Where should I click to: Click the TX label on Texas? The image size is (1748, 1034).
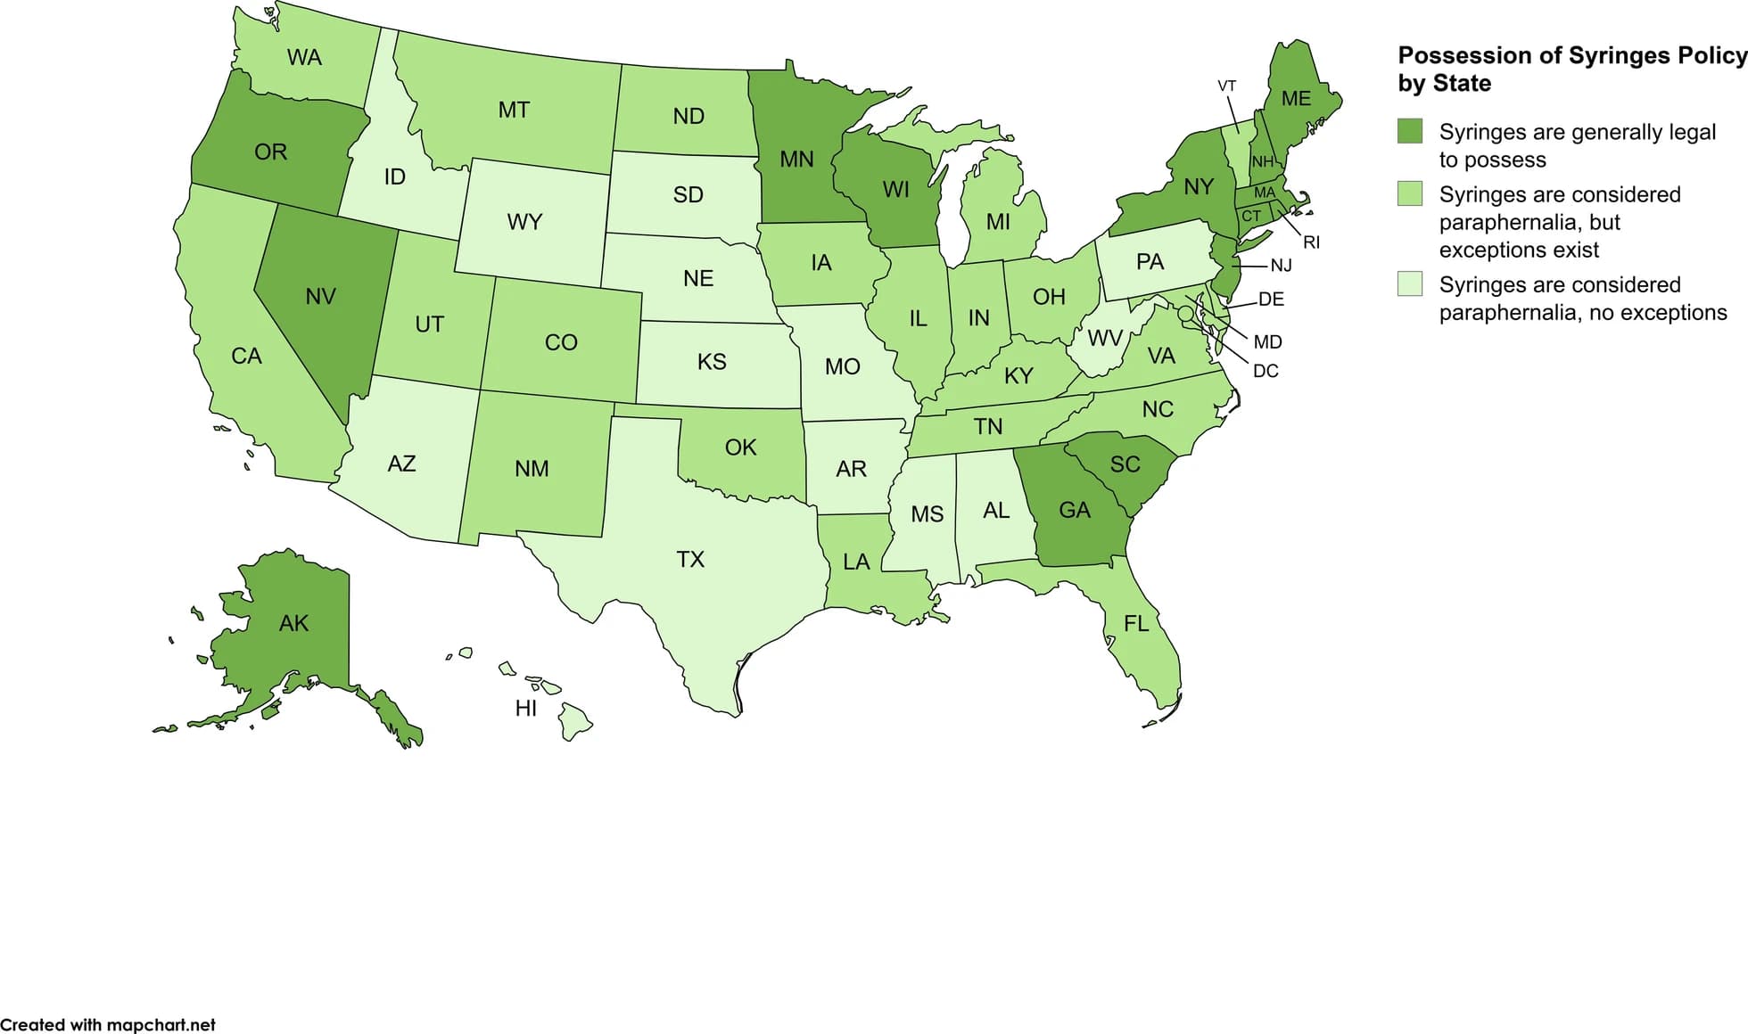point(690,560)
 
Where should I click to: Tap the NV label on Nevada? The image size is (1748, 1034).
point(320,297)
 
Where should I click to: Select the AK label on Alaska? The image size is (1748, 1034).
point(293,623)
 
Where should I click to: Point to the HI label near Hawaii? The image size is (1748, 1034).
point(526,709)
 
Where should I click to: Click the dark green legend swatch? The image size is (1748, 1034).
point(1410,132)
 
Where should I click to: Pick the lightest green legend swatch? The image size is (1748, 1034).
point(1410,284)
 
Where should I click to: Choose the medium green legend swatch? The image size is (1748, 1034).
point(1410,194)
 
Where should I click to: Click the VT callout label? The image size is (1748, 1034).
point(1227,86)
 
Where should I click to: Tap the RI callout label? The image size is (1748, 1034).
point(1311,242)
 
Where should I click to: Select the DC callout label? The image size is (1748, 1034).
point(1266,371)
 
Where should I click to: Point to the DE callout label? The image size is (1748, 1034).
point(1271,300)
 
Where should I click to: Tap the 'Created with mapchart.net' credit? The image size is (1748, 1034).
point(108,1025)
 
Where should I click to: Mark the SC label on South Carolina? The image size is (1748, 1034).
point(1125,464)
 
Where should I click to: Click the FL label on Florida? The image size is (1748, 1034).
point(1136,624)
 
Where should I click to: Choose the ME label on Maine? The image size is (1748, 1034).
point(1296,99)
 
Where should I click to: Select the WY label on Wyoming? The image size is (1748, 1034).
point(524,222)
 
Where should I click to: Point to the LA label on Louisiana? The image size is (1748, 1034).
point(856,562)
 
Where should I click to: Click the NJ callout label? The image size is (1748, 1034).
point(1281,266)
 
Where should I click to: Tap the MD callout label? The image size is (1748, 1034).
point(1267,342)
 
